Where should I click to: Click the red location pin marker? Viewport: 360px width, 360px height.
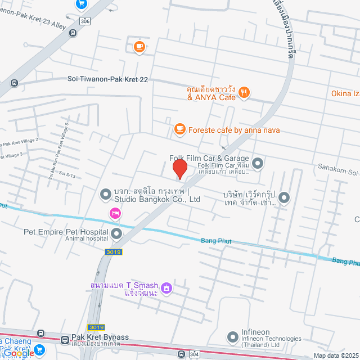(179, 169)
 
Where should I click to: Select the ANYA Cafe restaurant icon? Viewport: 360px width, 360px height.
(244, 93)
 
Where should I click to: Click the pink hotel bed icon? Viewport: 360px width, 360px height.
(115, 213)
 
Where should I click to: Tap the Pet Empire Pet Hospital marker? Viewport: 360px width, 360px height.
(116, 233)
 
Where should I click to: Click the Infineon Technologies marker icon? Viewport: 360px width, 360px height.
(232, 337)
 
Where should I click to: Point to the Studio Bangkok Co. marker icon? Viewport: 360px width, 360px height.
(105, 195)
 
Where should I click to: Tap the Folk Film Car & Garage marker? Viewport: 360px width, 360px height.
(258, 164)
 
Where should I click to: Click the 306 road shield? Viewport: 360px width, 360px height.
(84, 21)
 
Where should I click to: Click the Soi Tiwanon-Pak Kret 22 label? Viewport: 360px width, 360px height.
(107, 80)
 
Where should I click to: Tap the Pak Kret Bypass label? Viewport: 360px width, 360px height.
(100, 337)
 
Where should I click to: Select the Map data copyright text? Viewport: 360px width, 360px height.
(335, 355)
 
